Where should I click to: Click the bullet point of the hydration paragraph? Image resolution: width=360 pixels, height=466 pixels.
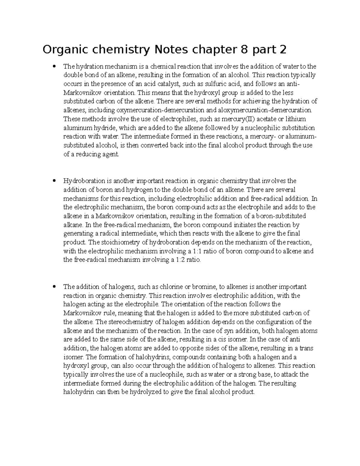[x=54, y=66]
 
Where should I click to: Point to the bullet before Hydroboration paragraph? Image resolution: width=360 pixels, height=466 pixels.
[x=54, y=181]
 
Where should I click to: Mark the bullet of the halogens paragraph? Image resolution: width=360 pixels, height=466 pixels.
[x=54, y=287]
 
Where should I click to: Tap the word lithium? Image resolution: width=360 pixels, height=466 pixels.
[x=304, y=119]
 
